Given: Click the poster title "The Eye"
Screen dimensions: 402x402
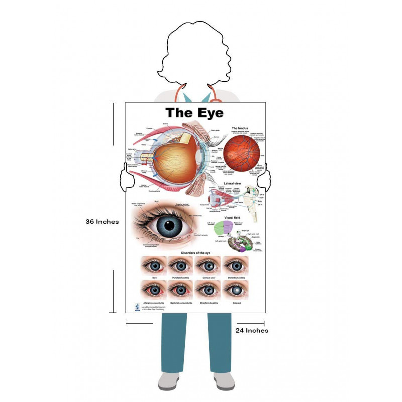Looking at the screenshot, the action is coord(194,112).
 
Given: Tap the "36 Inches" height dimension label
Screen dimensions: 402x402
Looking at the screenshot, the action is coord(102,222).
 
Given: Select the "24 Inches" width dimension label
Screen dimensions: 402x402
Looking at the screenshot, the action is coord(252,330).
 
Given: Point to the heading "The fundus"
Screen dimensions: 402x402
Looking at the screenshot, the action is coord(241,129).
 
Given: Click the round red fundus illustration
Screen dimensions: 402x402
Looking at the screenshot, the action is coord(242,154).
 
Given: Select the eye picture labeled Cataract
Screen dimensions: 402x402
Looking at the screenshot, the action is coord(236,290).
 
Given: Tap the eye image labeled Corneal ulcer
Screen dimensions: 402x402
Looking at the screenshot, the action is coord(209,265).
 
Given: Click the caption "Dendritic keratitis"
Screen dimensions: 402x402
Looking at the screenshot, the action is coord(236,278).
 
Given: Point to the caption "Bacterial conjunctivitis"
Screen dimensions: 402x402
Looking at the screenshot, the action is coord(181,303).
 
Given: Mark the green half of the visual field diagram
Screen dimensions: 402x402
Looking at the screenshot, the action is coord(220,229).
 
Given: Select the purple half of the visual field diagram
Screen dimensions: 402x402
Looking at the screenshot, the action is coord(228,226).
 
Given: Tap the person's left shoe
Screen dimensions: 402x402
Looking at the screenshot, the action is coord(224,380).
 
